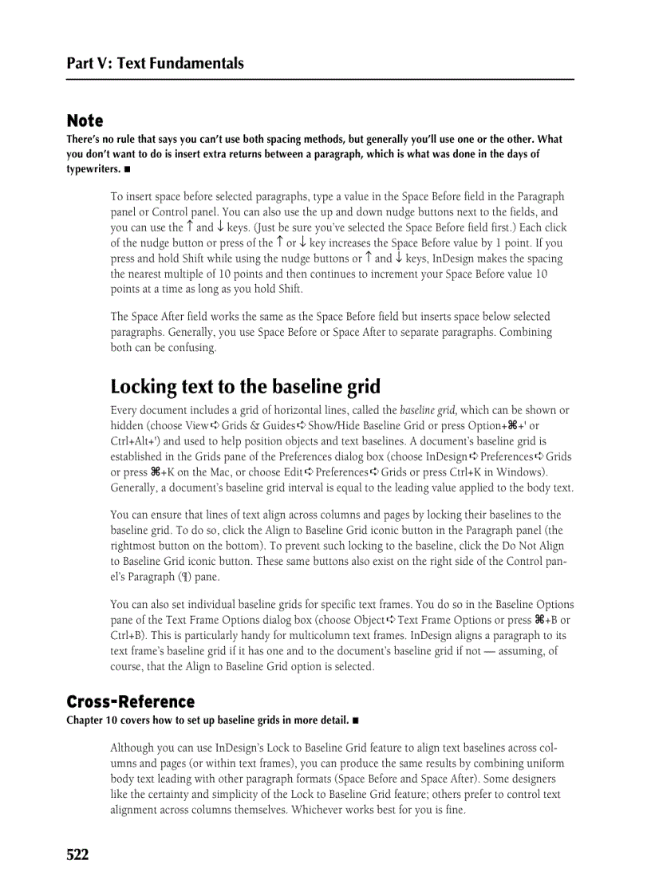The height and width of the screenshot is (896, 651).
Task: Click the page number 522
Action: pyautogui.click(x=77, y=855)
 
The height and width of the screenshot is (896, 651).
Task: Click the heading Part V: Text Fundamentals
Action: pyautogui.click(x=155, y=63)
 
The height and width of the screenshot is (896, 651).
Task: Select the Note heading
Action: pyautogui.click(x=85, y=120)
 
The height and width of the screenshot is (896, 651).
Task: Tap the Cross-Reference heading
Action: pyautogui.click(x=130, y=701)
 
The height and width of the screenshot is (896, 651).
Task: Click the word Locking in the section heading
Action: pyautogui.click(x=144, y=387)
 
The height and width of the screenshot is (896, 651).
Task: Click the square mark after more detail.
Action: pyautogui.click(x=355, y=721)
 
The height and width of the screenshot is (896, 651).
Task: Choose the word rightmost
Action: pyautogui.click(x=134, y=547)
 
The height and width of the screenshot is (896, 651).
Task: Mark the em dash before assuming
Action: pyautogui.click(x=493, y=651)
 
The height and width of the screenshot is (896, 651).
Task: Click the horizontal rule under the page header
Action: pyautogui.click(x=320, y=79)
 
